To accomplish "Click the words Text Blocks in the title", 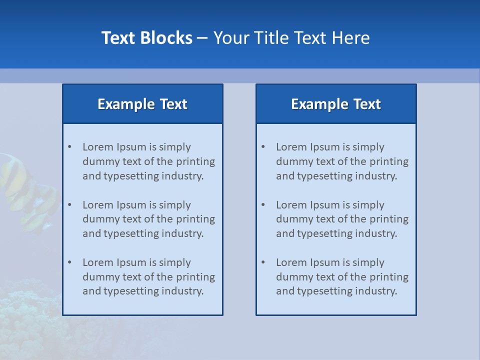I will [147, 38].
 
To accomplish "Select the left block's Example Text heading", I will [142, 104].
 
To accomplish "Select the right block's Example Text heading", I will [336, 104].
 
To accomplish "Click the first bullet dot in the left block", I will [69, 147].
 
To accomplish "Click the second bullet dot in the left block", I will [69, 205].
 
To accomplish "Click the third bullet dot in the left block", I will [69, 262].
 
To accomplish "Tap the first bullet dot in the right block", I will [263, 147].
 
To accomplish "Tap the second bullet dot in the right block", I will [263, 205].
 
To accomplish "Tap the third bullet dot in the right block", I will [263, 262].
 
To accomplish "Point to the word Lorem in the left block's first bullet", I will [98, 147].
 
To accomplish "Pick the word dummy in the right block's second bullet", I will [293, 219].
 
